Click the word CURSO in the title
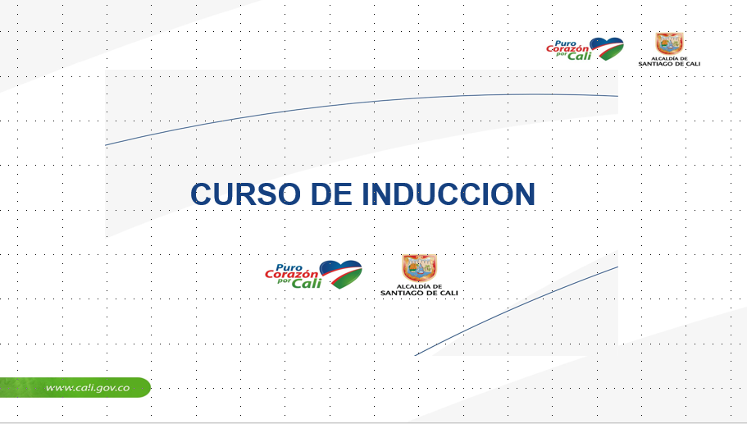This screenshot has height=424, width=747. (x=245, y=194)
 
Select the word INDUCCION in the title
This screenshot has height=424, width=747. (x=449, y=194)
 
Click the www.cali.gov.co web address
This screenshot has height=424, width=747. (x=88, y=387)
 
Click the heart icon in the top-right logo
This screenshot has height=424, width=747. (x=607, y=48)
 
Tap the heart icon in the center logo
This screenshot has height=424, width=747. (x=340, y=274)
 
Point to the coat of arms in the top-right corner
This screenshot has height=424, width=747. (x=669, y=43)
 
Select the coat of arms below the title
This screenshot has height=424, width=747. (x=419, y=268)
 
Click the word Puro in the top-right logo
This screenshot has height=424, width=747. (x=566, y=43)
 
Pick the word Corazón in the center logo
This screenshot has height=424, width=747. (x=292, y=275)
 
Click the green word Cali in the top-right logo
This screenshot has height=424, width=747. (x=580, y=56)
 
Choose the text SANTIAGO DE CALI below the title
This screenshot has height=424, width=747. (x=419, y=293)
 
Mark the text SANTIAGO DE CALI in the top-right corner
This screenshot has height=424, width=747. (x=669, y=64)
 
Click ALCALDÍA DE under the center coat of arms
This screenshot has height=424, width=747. (x=419, y=287)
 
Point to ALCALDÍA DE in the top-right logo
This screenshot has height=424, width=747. (x=669, y=58)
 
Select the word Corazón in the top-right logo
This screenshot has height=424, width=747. (x=567, y=49)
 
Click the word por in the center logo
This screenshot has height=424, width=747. (x=284, y=281)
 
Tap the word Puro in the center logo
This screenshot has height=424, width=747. (x=289, y=267)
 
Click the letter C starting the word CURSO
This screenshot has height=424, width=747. (x=201, y=194)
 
